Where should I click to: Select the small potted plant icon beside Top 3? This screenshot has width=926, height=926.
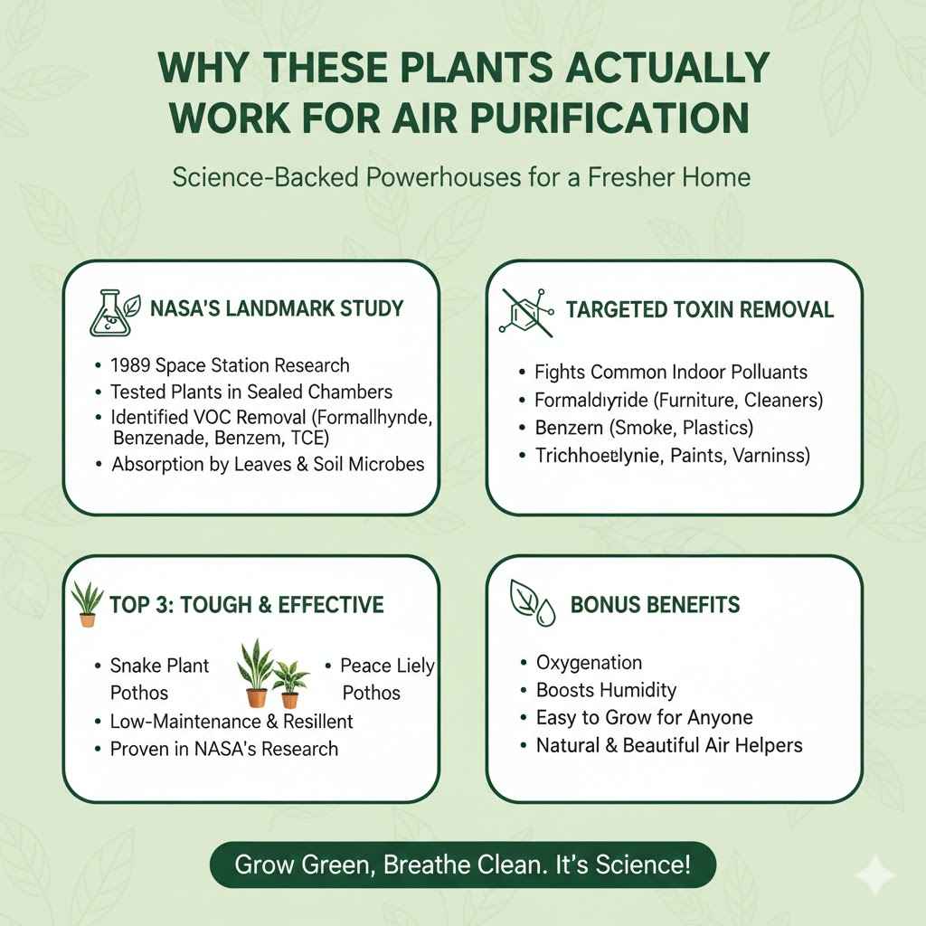click(x=87, y=604)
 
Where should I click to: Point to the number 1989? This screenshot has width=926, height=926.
click(x=130, y=365)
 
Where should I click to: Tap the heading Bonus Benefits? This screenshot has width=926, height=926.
click(x=655, y=604)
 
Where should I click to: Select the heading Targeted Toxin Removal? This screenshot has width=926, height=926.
click(x=699, y=310)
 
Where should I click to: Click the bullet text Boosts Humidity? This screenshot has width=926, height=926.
click(x=606, y=690)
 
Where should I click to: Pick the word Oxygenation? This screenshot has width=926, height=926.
click(x=589, y=662)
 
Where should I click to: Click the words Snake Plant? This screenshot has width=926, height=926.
click(x=159, y=666)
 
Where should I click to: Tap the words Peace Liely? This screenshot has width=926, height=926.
click(x=387, y=666)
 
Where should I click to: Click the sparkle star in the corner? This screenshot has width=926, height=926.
click(x=875, y=874)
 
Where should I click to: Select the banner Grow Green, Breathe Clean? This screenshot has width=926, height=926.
click(x=462, y=865)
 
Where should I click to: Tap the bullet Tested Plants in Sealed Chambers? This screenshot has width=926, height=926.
click(x=251, y=392)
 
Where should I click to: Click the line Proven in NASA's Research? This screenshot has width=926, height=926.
click(x=224, y=749)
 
